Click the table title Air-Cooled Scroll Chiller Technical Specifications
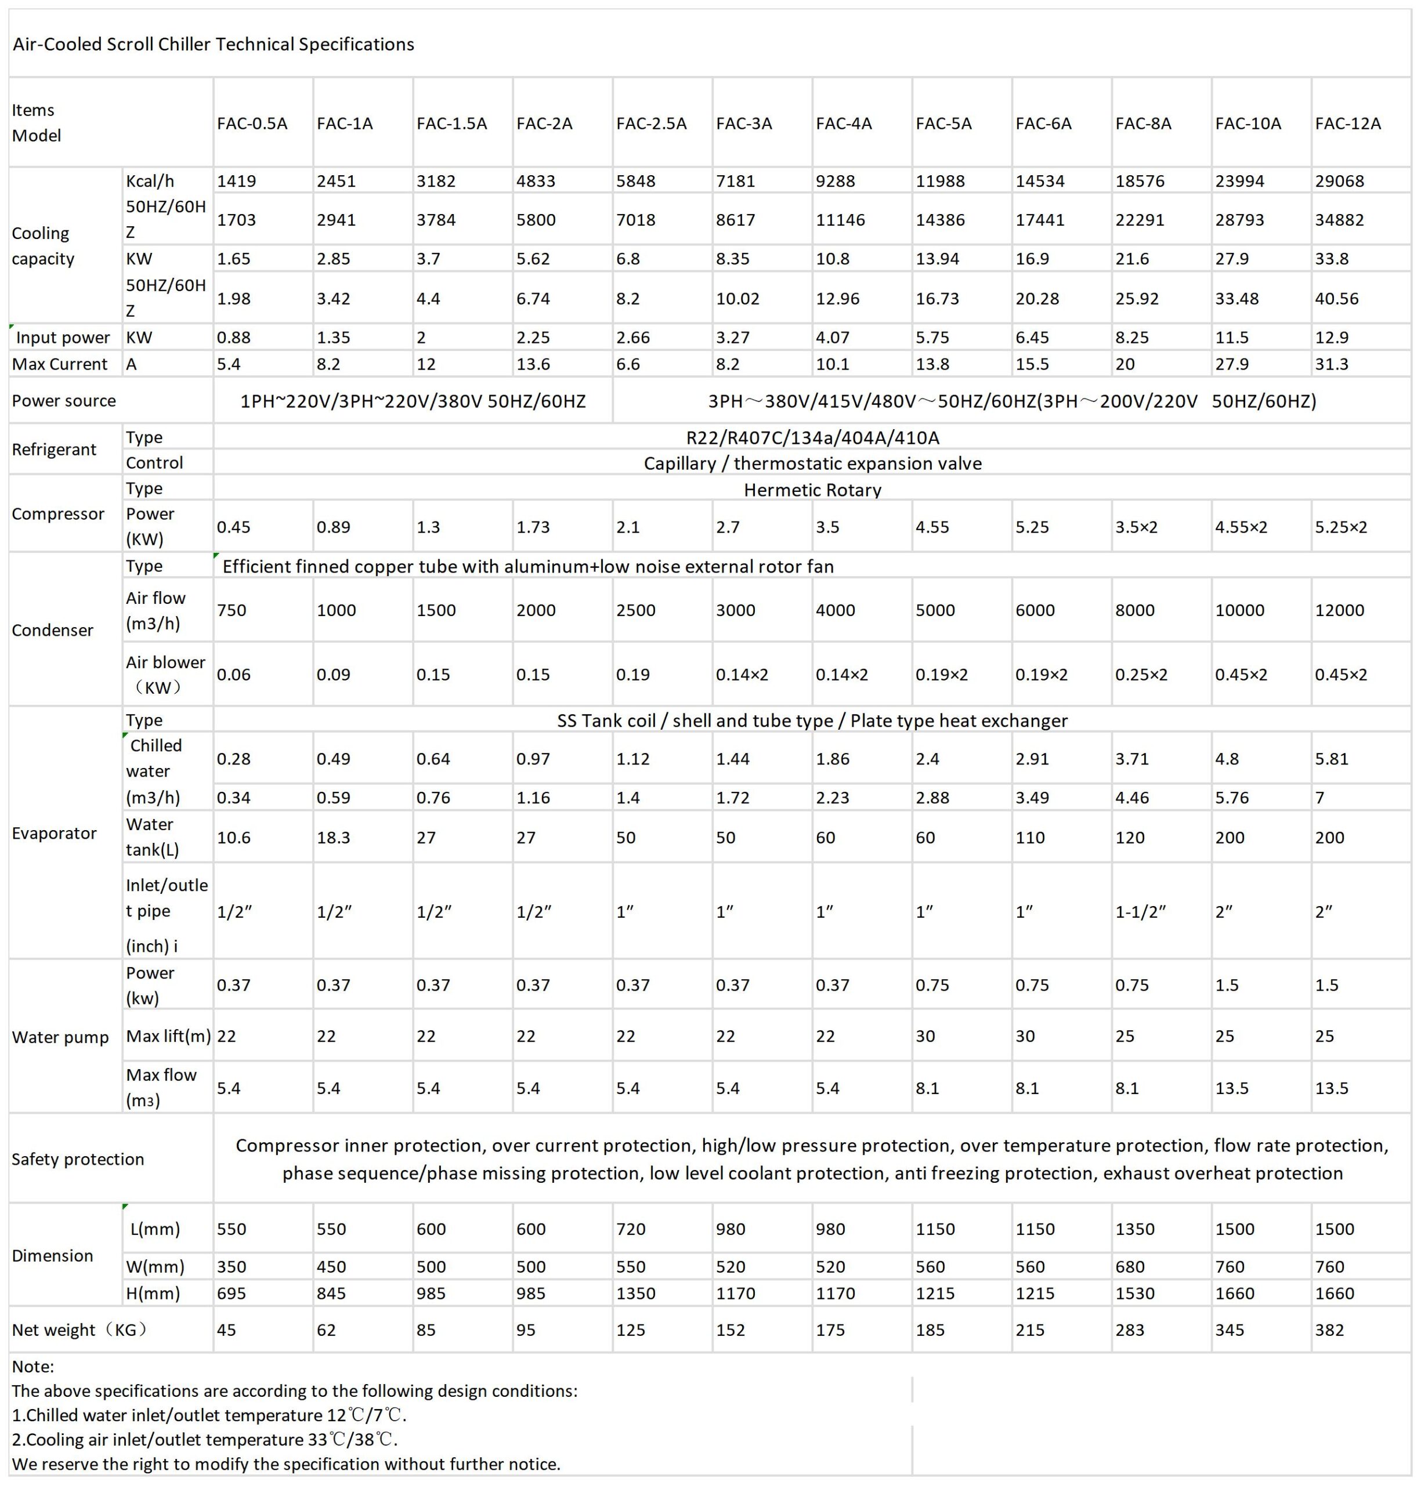coord(214,44)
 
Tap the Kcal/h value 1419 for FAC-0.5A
coord(236,181)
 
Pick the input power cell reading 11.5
coord(1232,337)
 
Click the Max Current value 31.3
coord(1332,364)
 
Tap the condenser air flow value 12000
coord(1339,610)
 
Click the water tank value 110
coord(1030,837)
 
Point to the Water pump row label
coord(60,1037)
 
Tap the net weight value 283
coord(1129,1330)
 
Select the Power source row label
coord(64,401)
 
